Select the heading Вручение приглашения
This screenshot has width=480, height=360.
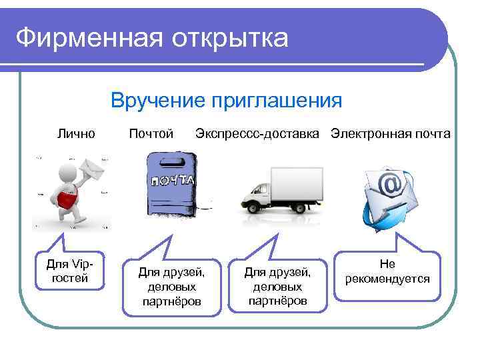click(227, 101)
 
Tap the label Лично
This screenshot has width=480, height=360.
click(76, 134)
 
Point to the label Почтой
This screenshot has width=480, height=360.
click(151, 134)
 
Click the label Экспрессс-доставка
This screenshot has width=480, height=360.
click(257, 134)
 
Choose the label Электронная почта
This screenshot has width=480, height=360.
click(391, 134)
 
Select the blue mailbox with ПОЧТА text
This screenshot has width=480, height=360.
click(171, 183)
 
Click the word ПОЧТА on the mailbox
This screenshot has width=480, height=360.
click(172, 180)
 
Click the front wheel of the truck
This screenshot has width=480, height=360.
click(254, 207)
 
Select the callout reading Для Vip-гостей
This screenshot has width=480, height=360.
click(70, 271)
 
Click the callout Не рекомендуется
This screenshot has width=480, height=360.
click(387, 271)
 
